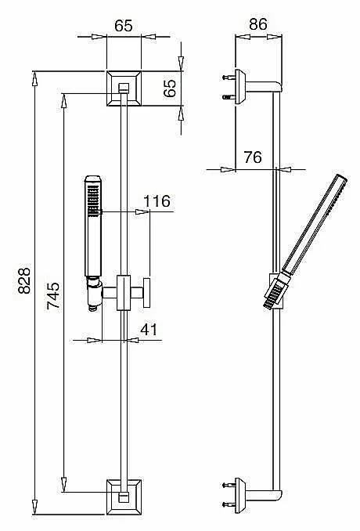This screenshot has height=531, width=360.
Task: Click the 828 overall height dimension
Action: [x=24, y=280]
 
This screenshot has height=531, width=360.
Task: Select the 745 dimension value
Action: [x=53, y=295]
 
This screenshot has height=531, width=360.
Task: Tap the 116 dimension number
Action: [x=157, y=201]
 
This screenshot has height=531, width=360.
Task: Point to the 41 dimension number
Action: [x=149, y=329]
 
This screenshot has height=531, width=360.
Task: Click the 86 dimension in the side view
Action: [x=258, y=24]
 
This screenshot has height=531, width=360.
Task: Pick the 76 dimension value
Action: [x=253, y=157]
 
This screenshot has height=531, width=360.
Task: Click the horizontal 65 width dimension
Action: [x=124, y=26]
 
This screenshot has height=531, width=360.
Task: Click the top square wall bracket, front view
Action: [x=124, y=88]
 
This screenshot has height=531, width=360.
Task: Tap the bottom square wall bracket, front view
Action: [x=124, y=497]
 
